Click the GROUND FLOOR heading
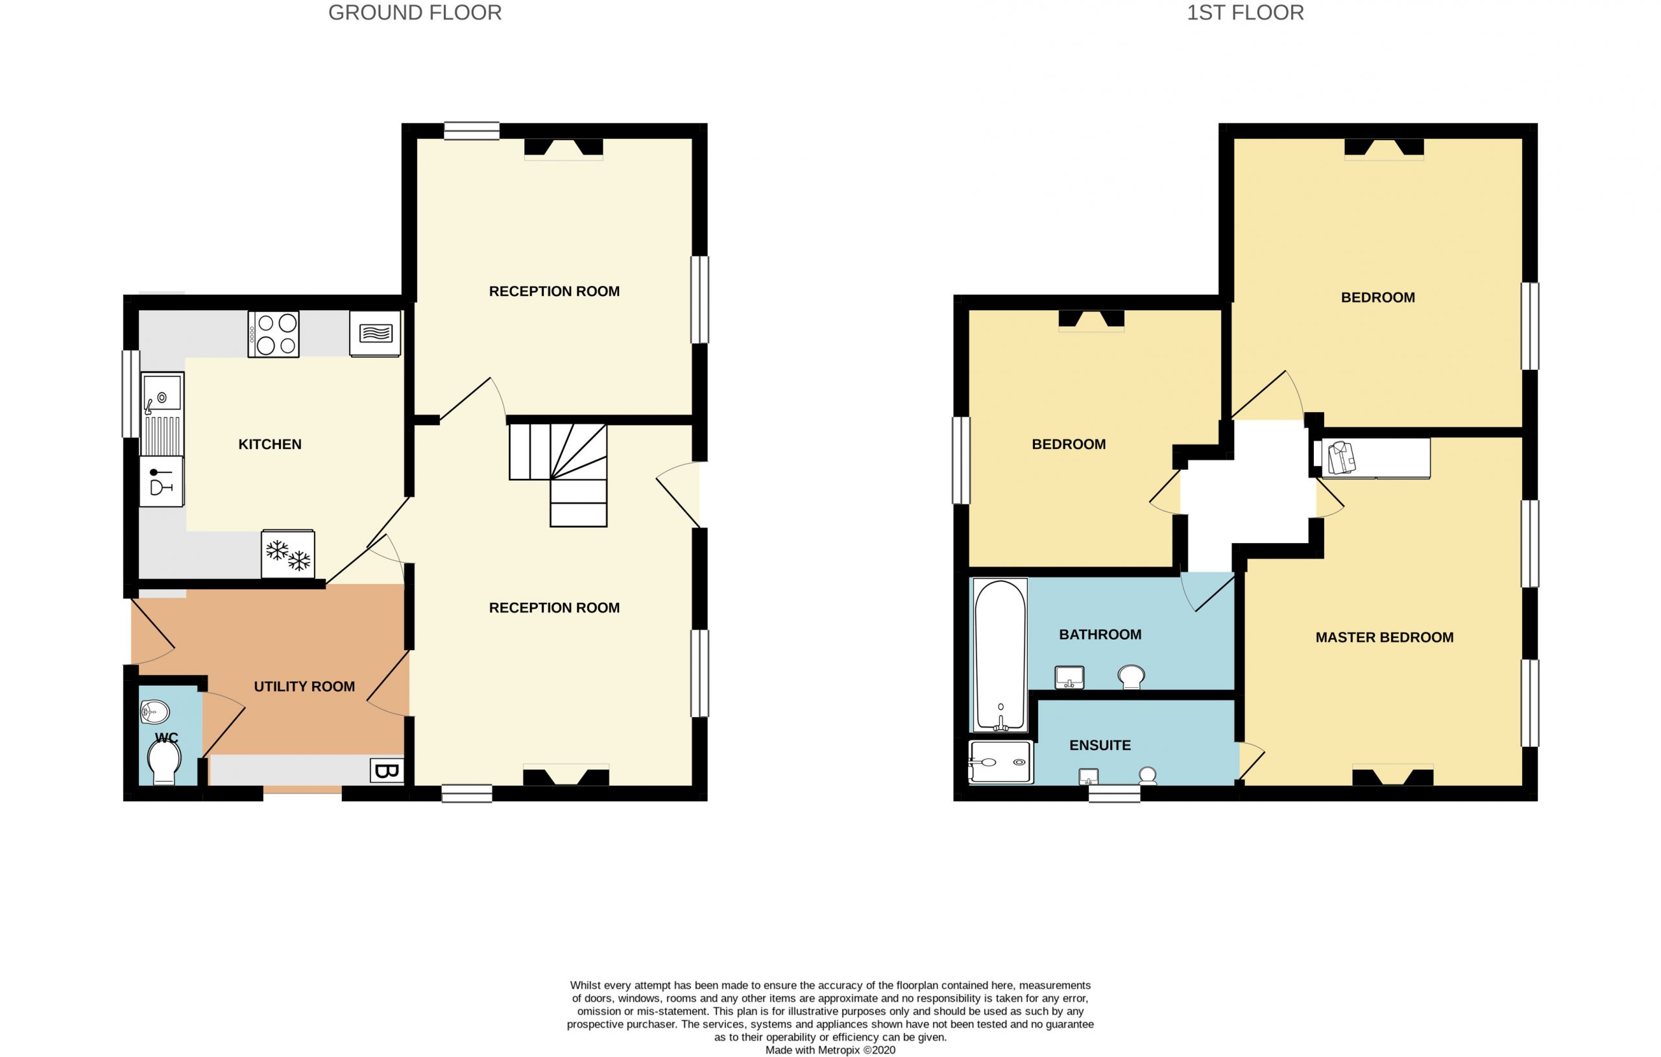click(x=415, y=12)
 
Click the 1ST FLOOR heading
click(x=1245, y=12)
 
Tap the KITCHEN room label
click(x=270, y=444)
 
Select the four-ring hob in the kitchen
click(x=273, y=334)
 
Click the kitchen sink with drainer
click(x=162, y=414)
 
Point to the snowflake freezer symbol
click(x=288, y=554)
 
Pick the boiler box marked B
click(x=387, y=771)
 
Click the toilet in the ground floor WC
click(x=165, y=763)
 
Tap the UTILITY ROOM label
click(x=304, y=686)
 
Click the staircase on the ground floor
click(x=559, y=475)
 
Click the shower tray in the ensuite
click(x=1001, y=762)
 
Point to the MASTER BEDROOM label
click(x=1385, y=638)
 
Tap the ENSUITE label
click(x=1100, y=745)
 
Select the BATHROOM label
click(x=1100, y=634)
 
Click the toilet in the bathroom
click(x=1132, y=676)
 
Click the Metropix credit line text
click(x=830, y=1050)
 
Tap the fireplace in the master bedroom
click(x=1392, y=776)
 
